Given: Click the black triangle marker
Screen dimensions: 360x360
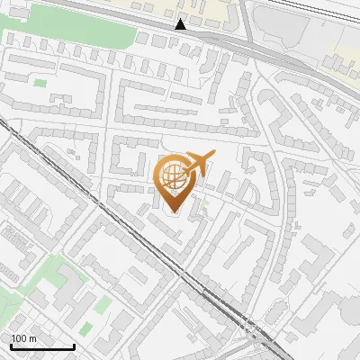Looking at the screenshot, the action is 181,24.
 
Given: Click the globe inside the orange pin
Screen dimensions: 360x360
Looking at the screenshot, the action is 172,175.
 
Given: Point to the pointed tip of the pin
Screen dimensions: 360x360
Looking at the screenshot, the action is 173,211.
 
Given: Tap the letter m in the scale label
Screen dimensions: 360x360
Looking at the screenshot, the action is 32,338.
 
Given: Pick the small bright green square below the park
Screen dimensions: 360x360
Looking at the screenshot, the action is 40,84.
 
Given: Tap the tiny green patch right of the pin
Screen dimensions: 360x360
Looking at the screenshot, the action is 206,204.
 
